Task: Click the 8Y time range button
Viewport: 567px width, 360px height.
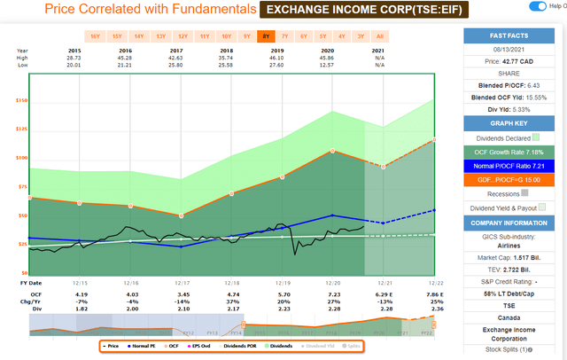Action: click(x=267, y=35)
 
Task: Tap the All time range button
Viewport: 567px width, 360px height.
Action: click(x=379, y=35)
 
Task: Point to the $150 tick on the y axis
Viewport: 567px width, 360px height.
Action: click(x=19, y=100)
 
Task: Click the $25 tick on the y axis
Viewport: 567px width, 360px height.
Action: click(x=19, y=242)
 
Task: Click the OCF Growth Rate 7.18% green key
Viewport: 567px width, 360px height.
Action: click(x=510, y=153)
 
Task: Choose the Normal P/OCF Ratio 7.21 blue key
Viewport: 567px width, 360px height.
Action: click(x=510, y=166)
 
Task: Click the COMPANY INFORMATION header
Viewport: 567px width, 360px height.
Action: click(x=510, y=223)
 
